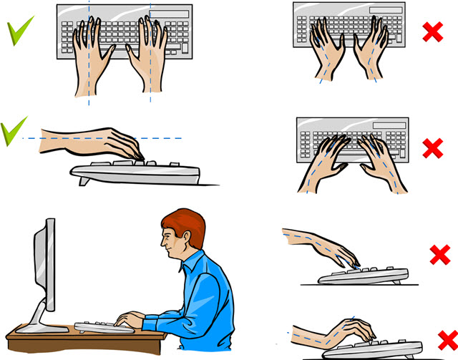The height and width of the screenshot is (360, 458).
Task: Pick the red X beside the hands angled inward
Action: [x=432, y=148]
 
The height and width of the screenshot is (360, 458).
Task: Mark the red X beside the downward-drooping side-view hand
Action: [x=439, y=254]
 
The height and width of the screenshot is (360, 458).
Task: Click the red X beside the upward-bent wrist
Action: [x=446, y=337]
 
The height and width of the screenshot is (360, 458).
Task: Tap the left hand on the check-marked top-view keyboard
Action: [x=90, y=57]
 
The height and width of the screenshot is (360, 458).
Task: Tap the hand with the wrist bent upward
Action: [x=351, y=331]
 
